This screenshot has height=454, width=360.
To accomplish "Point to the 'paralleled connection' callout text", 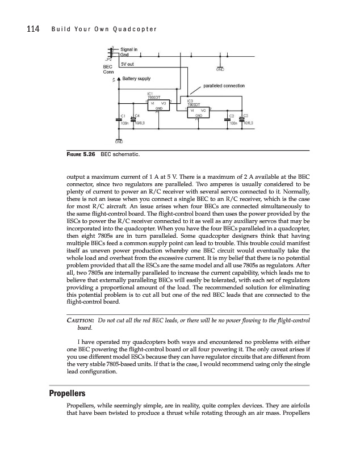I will coord(224,86).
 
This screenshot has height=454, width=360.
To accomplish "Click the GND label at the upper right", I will coord(220,69).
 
